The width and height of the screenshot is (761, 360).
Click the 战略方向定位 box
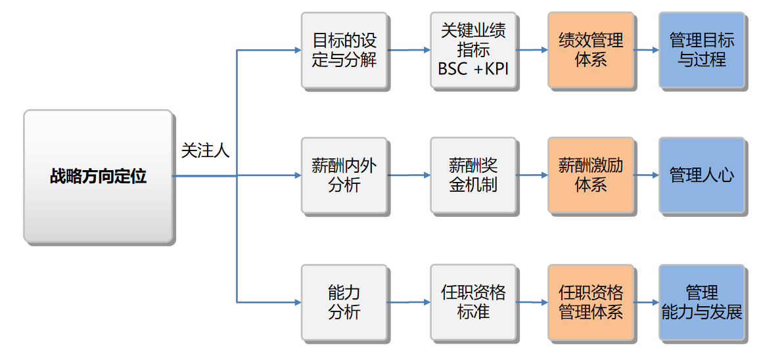pyautogui.click(x=98, y=176)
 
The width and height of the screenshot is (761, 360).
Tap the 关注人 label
pyautogui.click(x=205, y=151)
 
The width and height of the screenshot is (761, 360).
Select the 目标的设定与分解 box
pyautogui.click(x=344, y=50)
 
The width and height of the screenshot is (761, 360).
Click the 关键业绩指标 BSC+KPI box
pyautogui.click(x=473, y=50)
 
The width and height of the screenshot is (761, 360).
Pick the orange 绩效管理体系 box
pyautogui.click(x=590, y=50)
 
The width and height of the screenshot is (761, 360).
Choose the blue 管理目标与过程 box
pyautogui.click(x=702, y=50)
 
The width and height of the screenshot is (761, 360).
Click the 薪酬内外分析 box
pyautogui.click(x=344, y=175)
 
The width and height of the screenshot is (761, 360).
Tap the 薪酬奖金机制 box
pyautogui.click(x=473, y=175)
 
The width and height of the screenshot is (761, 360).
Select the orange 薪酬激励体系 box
pyautogui.click(x=590, y=175)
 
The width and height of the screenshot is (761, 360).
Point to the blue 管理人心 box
pyautogui.click(x=702, y=175)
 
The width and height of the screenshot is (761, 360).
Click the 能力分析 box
pyautogui.click(x=344, y=302)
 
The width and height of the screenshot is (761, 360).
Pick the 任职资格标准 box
pyautogui.click(x=473, y=302)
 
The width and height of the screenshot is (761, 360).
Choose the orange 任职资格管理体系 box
pyautogui.click(x=590, y=302)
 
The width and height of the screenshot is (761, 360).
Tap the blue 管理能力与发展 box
pyautogui.click(x=702, y=302)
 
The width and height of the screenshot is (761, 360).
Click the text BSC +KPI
pyautogui.click(x=473, y=69)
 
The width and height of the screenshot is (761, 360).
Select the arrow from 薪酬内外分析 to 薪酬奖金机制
pyautogui.click(x=409, y=175)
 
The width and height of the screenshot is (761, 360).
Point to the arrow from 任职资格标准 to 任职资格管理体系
pyautogui.click(x=532, y=302)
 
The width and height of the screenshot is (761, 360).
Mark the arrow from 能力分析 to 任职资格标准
pyautogui.click(x=409, y=302)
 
